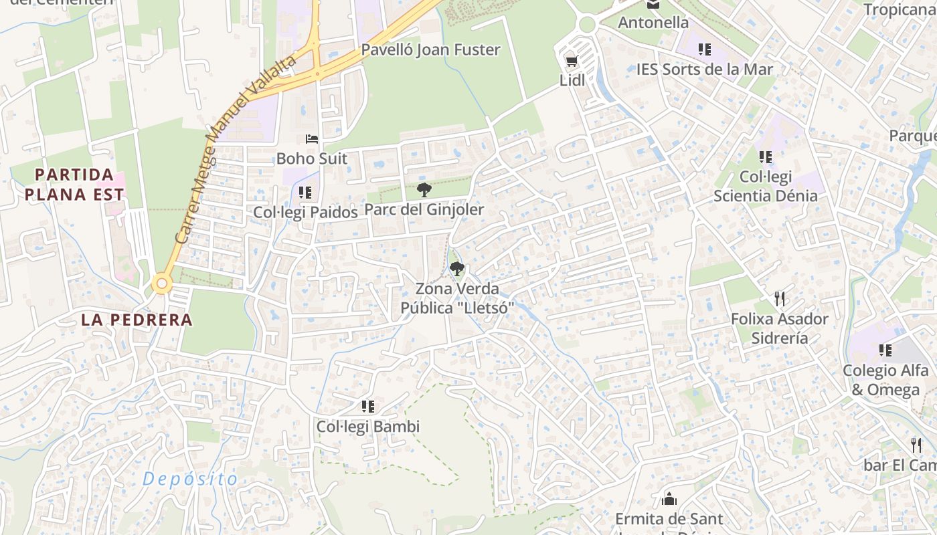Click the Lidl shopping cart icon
571,62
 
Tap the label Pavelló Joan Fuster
430,50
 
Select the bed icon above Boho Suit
312,139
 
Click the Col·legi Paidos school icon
305,193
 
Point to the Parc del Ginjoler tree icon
424,190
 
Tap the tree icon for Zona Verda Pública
457,269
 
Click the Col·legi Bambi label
367,427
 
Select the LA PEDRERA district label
137,320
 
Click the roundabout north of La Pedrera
161,284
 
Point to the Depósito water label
190,479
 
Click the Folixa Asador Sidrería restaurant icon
779,298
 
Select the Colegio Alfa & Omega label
885,380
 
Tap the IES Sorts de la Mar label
704,70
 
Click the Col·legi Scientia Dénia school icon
766,157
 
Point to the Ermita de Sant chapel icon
669,499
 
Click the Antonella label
653,23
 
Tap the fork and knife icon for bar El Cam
916,445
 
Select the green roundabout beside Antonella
587,25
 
